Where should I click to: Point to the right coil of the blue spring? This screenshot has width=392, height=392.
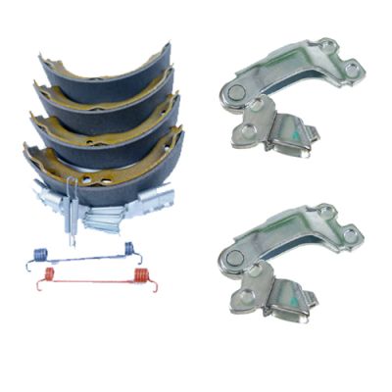click(x=127, y=251)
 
